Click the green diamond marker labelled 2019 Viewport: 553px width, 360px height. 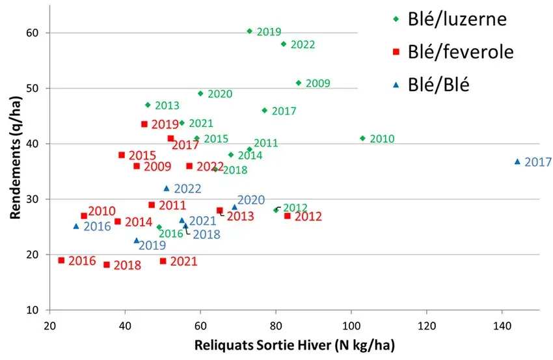[x=249, y=31]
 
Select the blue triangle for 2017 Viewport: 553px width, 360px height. [x=518, y=161]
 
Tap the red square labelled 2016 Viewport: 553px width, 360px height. [x=61, y=260]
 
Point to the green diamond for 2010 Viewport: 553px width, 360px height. [x=362, y=138]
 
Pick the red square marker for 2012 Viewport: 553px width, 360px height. [x=287, y=215]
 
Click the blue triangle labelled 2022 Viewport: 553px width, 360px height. [x=167, y=188]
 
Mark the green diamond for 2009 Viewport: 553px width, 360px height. [x=299, y=83]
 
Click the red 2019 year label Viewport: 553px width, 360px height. [x=165, y=124]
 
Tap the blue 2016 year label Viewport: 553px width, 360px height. [x=97, y=227]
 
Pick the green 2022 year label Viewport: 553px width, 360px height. [x=303, y=45]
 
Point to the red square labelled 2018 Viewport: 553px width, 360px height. [x=107, y=264]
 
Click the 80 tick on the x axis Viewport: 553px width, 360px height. [x=276, y=322]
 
